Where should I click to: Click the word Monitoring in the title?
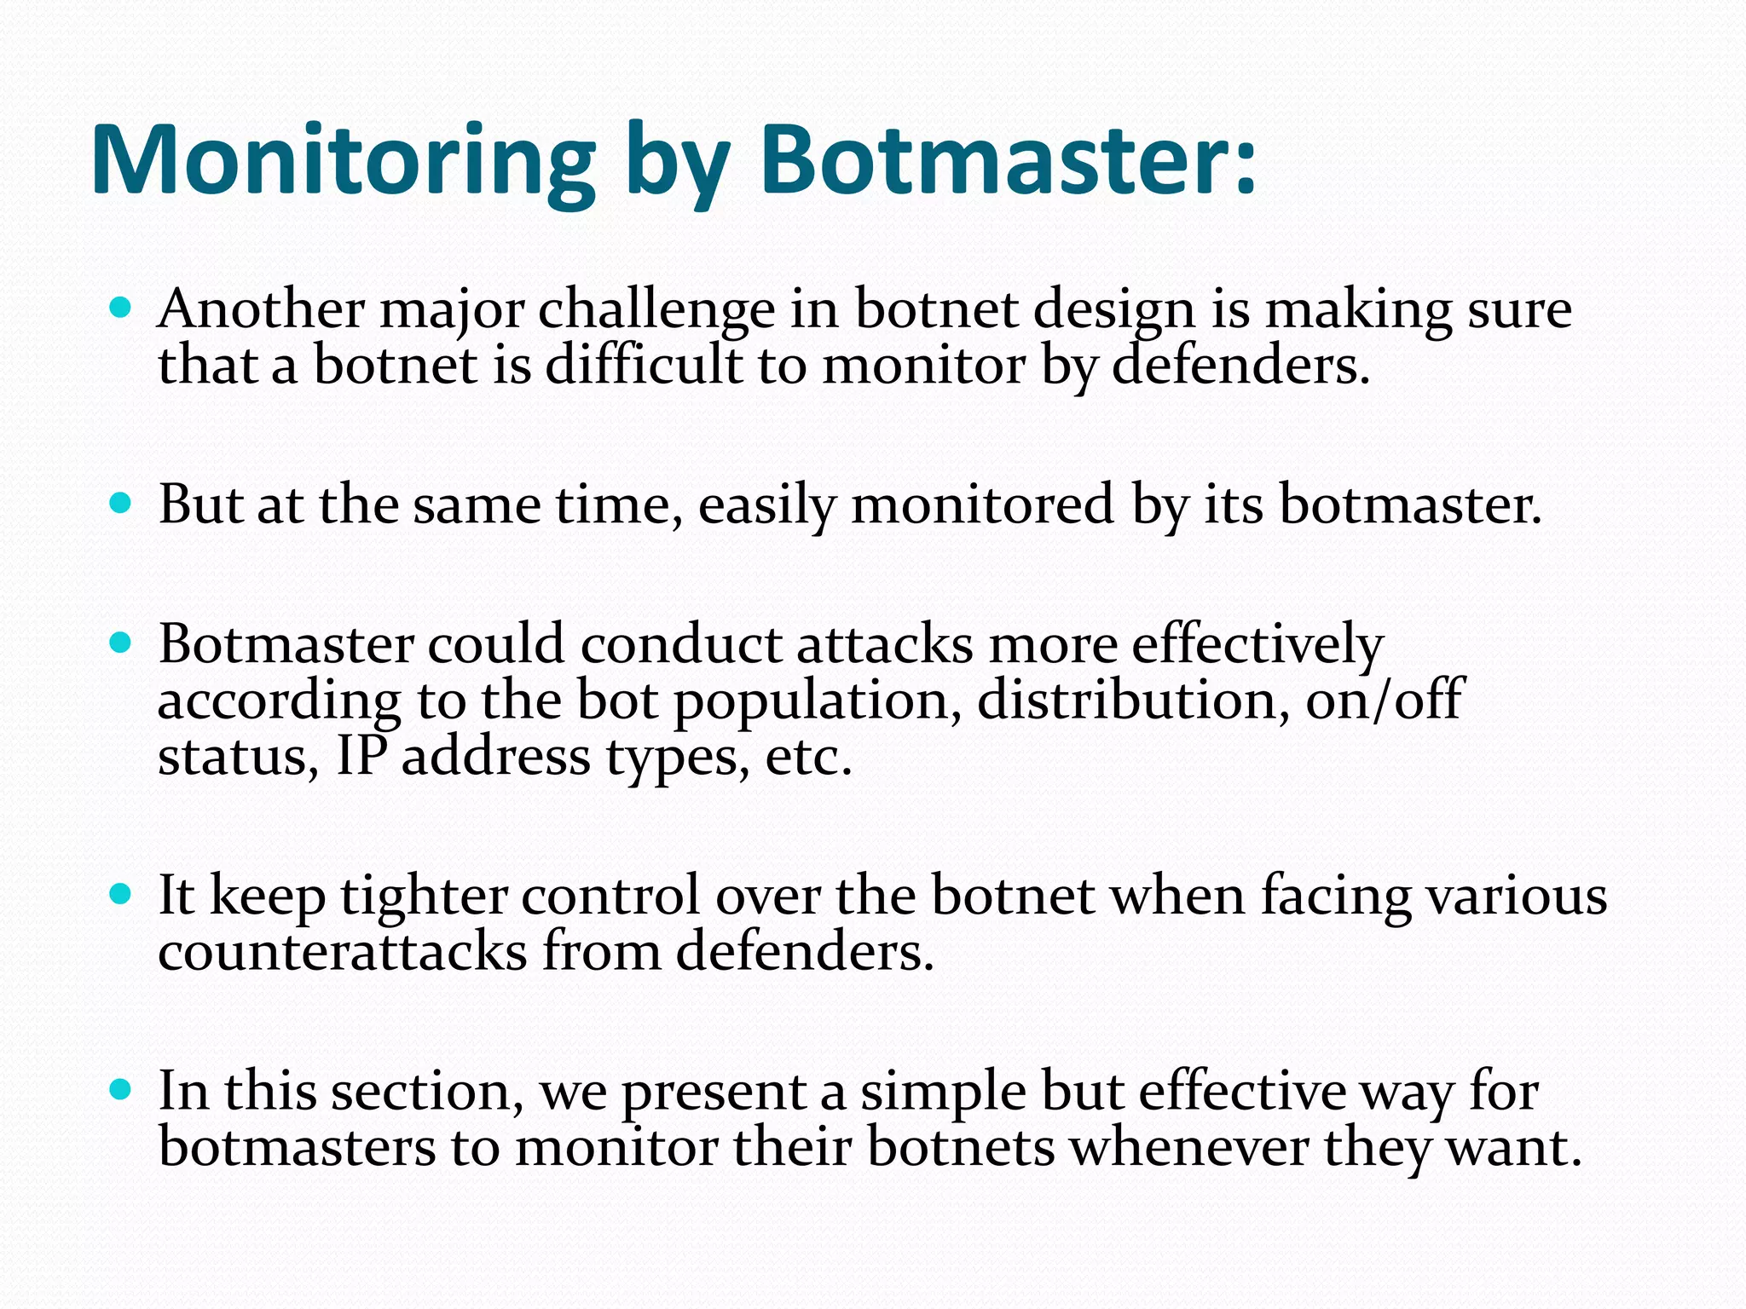pyautogui.click(x=341, y=162)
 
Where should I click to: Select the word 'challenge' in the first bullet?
pyautogui.click(x=656, y=310)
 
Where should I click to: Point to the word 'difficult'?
pyautogui.click(x=643, y=366)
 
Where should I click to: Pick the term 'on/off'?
pyautogui.click(x=1385, y=701)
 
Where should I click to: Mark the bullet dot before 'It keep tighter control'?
pyautogui.click(x=121, y=894)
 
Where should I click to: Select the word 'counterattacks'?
pyautogui.click(x=342, y=952)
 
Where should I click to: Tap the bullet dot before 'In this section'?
pyautogui.click(x=121, y=1089)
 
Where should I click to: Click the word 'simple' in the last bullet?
pyautogui.click(x=942, y=1093)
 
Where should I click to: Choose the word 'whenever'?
pyautogui.click(x=1188, y=1147)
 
